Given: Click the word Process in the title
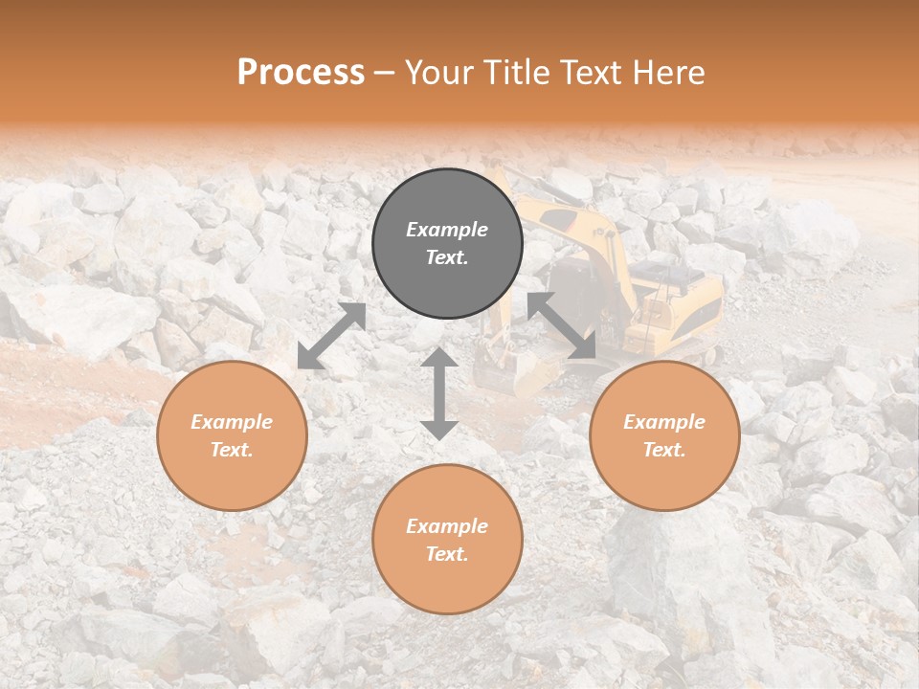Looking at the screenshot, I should coord(301,73).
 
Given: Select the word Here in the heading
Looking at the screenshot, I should coord(667,73).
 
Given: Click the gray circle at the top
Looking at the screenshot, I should coord(447,244).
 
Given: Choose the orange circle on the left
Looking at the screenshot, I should coord(232,435).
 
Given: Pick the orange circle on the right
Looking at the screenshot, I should coord(664,435).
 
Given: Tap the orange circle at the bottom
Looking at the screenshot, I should coord(447,540).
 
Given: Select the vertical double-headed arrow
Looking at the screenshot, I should coord(439,393).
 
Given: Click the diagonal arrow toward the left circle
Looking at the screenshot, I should coord(331,336).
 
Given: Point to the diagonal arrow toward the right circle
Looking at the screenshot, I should coord(562,325).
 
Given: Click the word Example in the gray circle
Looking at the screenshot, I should coord(447,230).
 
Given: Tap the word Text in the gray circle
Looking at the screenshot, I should coord(447,258).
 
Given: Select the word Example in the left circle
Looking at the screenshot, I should coord(232,422).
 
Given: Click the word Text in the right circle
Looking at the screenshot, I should coord(664,450).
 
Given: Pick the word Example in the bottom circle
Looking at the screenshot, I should coord(447,526).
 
